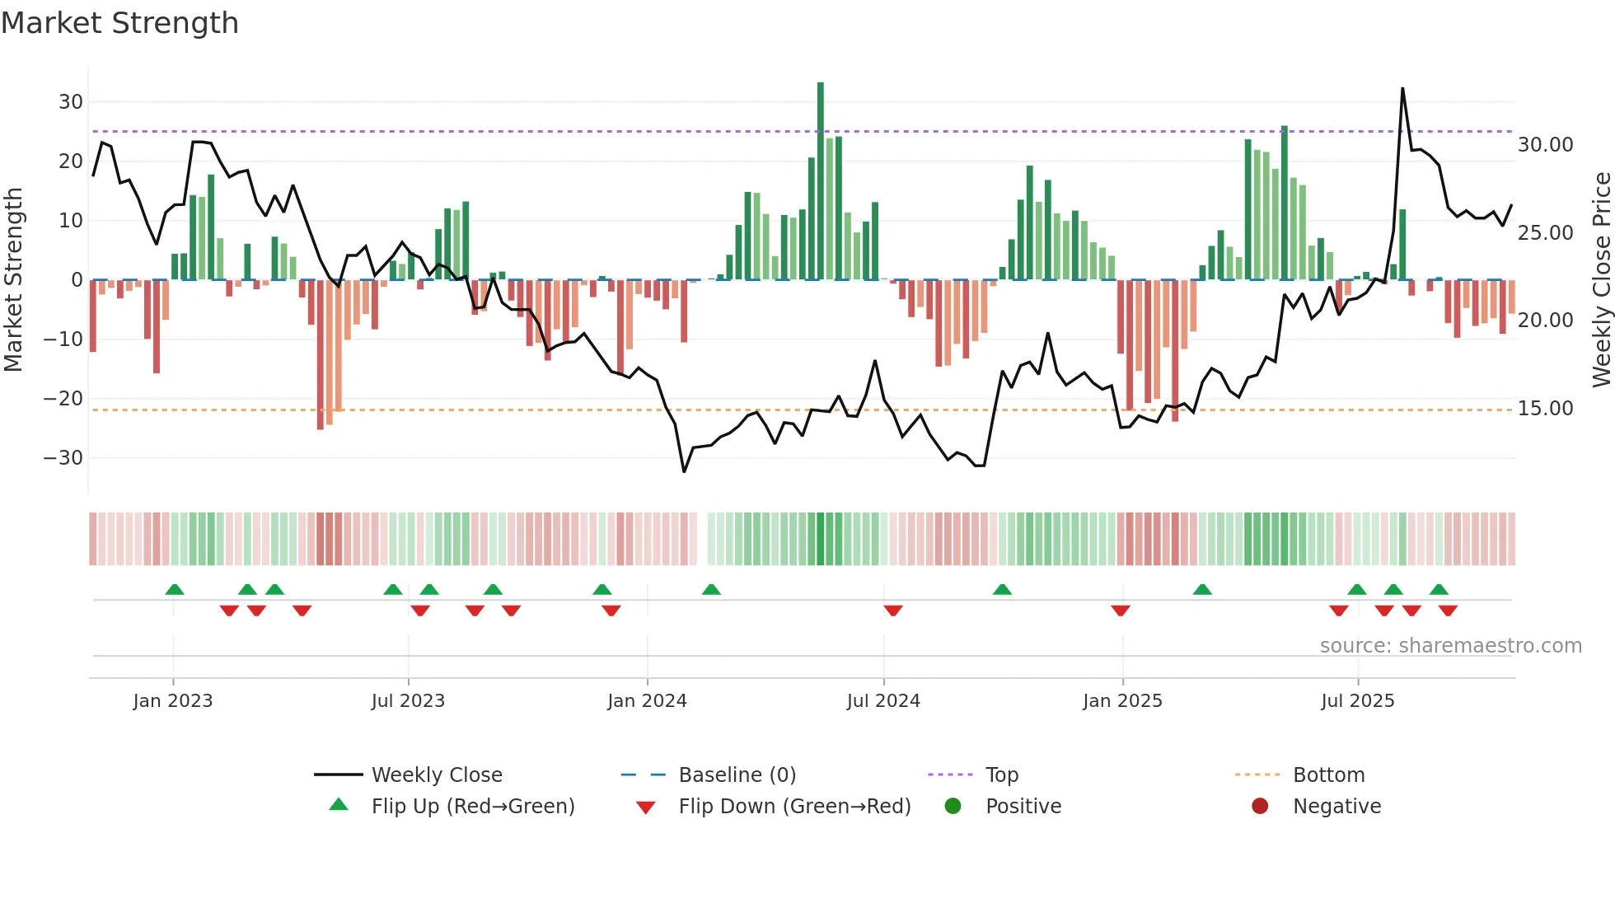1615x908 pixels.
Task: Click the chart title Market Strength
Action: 119,23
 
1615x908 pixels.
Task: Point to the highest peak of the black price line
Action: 1402,89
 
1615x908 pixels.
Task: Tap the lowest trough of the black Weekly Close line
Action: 684,471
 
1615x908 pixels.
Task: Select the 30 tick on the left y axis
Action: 71,102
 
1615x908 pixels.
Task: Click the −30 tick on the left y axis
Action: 63,458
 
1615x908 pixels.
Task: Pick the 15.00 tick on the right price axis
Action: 1545,409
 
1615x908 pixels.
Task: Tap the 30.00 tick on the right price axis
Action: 1545,145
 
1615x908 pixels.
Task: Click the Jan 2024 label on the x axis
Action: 647,701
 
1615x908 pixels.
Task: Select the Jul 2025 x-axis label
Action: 1357,701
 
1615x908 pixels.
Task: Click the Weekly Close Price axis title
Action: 1601,280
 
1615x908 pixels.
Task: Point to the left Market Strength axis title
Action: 13,280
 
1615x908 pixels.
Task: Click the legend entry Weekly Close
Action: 436,775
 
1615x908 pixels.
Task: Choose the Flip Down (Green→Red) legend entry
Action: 793,807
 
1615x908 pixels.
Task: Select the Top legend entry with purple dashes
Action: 1001,775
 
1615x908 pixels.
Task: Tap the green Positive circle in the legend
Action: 953,807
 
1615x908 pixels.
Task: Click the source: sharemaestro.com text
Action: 1450,646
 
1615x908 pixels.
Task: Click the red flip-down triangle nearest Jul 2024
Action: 893,611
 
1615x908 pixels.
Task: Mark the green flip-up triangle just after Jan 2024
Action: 711,589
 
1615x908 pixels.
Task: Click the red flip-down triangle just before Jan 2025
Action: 1120,611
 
